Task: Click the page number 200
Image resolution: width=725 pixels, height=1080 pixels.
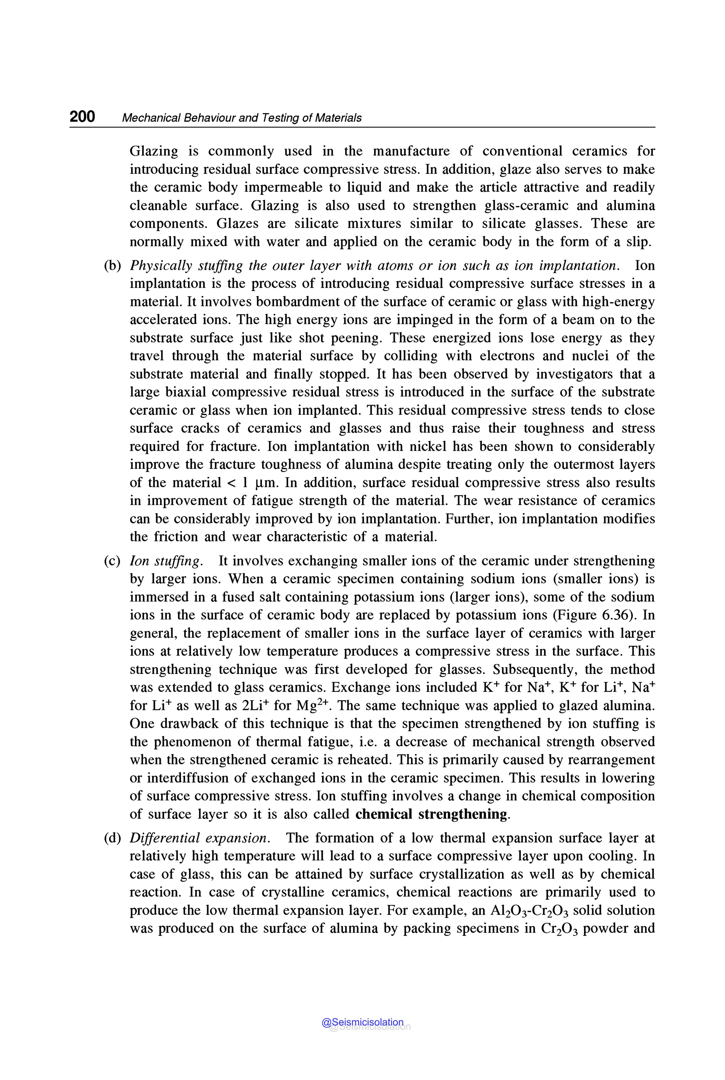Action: pyautogui.click(x=82, y=116)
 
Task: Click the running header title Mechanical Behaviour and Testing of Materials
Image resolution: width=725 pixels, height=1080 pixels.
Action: pyautogui.click(x=241, y=118)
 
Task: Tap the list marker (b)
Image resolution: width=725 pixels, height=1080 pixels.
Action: pyautogui.click(x=112, y=266)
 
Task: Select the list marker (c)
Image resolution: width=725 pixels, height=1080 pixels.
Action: pyautogui.click(x=112, y=561)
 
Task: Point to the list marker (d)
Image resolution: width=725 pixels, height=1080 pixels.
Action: pyautogui.click(x=112, y=838)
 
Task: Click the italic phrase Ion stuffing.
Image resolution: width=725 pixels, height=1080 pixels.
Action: pyautogui.click(x=166, y=561)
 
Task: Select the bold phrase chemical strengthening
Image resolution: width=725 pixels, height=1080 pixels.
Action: pyautogui.click(x=432, y=814)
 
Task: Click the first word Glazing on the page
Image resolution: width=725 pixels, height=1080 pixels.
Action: pyautogui.click(x=154, y=151)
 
